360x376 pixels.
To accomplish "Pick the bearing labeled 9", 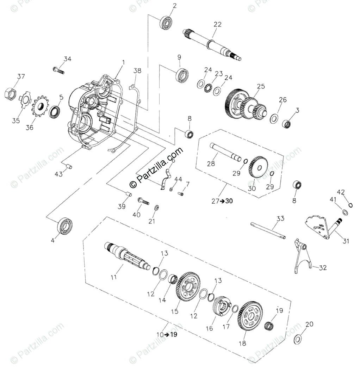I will coord(182,75).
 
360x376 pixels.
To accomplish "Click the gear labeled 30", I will coord(258,167).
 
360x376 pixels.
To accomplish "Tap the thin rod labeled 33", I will coord(268,230).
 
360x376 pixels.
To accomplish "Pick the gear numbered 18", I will coord(250,315).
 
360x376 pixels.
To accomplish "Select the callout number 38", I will coord(137,70).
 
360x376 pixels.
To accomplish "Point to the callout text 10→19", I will coord(168,334).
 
